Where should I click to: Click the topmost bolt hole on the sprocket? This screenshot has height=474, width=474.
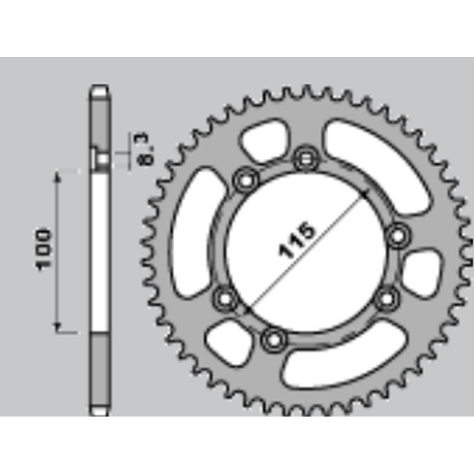point(306,158)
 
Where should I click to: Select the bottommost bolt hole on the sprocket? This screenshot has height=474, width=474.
point(273,340)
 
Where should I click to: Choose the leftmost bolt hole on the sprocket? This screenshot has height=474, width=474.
point(225,298)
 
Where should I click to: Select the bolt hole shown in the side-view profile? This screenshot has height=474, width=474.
point(101,159)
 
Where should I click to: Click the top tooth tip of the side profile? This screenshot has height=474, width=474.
point(99,88)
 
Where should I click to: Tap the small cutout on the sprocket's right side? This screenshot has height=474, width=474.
point(422,272)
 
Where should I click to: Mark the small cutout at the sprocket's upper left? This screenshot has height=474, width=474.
point(264,140)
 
